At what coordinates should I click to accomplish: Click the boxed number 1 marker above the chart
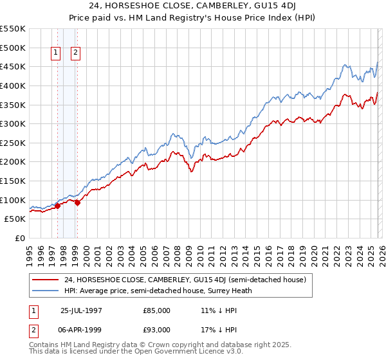pos(56,53)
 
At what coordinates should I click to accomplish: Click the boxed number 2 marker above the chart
pos(75,53)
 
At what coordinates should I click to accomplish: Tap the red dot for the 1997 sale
pos(57,206)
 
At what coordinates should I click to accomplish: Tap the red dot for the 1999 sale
pos(77,203)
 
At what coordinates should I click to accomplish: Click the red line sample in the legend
pos(46,280)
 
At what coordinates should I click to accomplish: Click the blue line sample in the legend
pos(46,291)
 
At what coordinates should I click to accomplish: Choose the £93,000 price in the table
pos(156,330)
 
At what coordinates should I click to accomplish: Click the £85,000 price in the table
pos(156,310)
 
